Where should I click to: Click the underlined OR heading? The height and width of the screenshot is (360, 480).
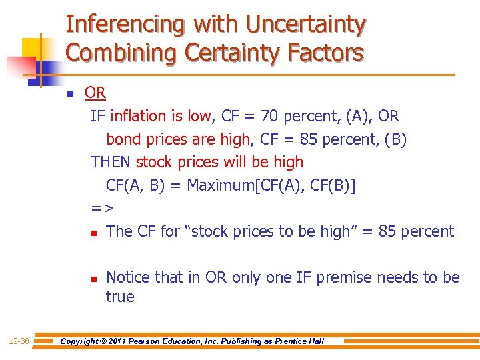click(x=95, y=93)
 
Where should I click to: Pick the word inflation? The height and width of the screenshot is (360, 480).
click(x=138, y=116)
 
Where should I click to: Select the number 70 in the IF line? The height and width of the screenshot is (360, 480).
click(x=270, y=116)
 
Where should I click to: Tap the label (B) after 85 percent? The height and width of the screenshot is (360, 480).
click(x=393, y=139)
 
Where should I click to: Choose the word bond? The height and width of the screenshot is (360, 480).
click(x=122, y=139)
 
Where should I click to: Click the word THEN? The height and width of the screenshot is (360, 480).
click(x=111, y=162)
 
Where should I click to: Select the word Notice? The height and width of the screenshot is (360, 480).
click(x=127, y=277)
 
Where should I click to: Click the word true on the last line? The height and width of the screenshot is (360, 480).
click(x=120, y=297)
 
